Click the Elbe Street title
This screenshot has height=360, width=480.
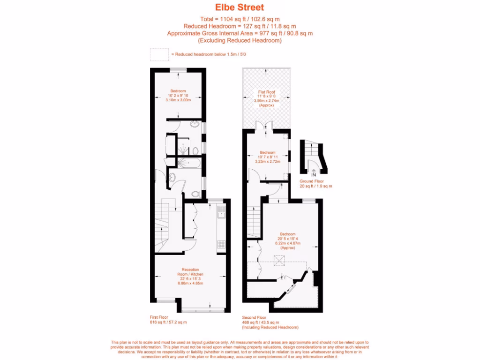[240, 7]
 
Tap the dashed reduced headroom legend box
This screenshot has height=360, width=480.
[159, 54]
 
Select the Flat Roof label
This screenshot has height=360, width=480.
[266, 92]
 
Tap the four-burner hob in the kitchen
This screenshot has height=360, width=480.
[221, 243]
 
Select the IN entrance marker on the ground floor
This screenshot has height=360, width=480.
[314, 174]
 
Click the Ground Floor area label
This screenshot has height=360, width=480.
[312, 181]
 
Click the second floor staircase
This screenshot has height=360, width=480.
[253, 218]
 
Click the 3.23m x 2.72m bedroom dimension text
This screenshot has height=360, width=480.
[267, 161]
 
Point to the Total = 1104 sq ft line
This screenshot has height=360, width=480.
[240, 19]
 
